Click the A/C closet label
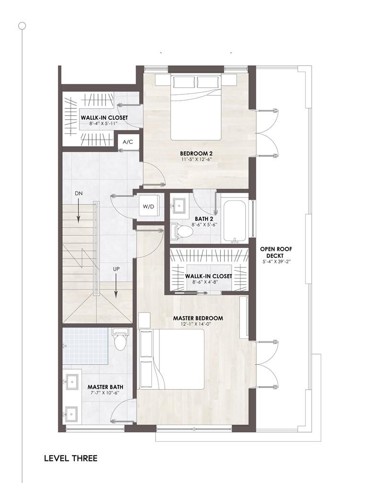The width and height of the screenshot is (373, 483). tap(128, 142)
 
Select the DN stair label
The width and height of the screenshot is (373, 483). tap(79, 194)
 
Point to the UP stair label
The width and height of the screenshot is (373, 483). tap(116, 269)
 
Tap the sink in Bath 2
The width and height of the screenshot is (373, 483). tap(179, 204)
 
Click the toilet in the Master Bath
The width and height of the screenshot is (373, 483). tap(119, 339)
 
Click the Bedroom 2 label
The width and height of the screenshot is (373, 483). tap(196, 153)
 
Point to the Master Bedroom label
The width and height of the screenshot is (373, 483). tap(198, 318)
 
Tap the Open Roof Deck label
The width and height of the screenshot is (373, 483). tap(272, 252)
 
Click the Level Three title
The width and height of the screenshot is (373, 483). tap(71, 459)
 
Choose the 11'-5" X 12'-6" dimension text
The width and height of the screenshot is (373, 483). tap(196, 159)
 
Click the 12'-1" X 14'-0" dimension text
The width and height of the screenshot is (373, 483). tap(198, 324)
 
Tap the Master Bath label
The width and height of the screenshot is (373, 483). tap(105, 387)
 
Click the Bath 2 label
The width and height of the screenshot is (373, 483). tap(204, 219)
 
